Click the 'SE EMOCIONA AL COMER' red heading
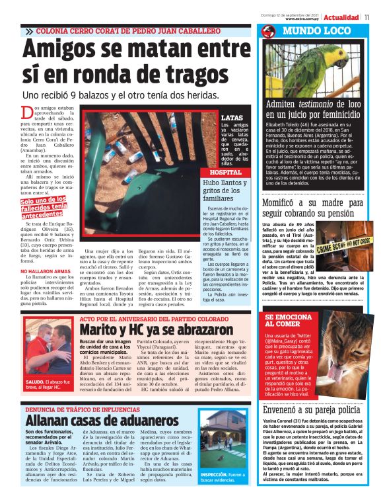(x=289, y=320)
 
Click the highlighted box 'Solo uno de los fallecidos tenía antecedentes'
(x=44, y=207)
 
